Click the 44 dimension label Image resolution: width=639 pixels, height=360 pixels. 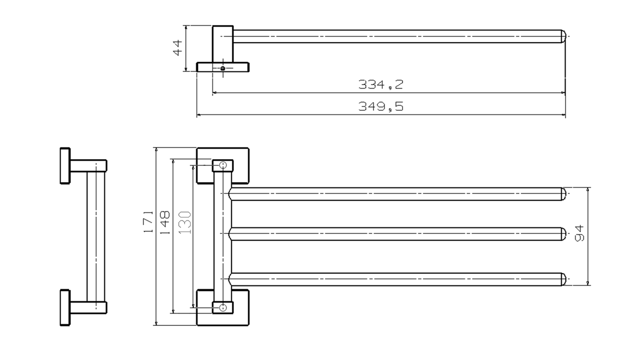coord(177,47)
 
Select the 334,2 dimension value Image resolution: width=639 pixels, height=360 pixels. coord(381,85)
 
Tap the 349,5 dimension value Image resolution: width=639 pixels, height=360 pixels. coord(381,107)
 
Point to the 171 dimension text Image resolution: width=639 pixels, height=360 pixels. coord(149,222)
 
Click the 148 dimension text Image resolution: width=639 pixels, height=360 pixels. coord(165,223)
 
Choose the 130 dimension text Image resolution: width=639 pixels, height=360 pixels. coord(185,223)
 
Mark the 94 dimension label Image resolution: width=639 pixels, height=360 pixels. coord(579,233)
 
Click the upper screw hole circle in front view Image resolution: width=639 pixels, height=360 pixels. coord(223,165)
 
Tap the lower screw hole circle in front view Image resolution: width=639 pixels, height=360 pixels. coord(223,307)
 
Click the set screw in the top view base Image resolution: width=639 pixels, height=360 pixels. coord(223,68)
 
